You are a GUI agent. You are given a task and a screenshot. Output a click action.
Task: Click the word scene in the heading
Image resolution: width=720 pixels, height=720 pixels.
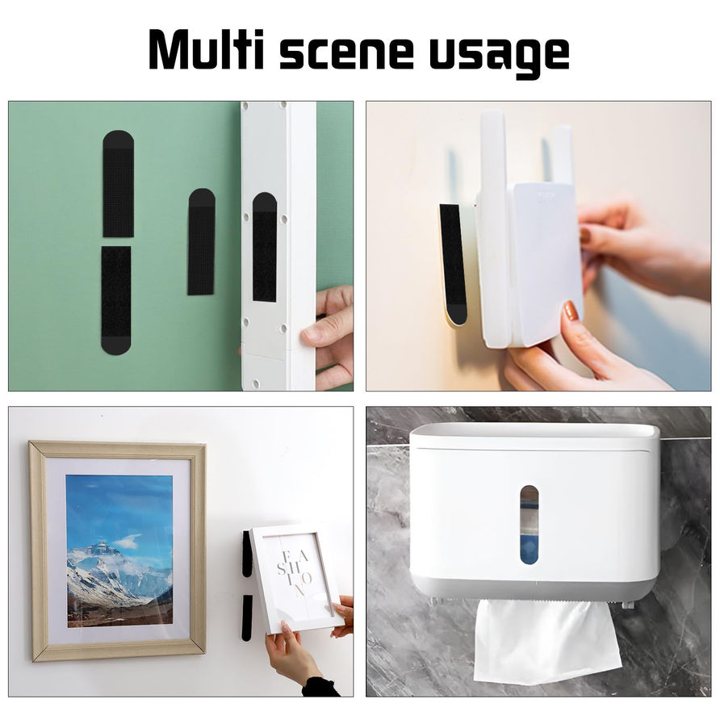[347, 54]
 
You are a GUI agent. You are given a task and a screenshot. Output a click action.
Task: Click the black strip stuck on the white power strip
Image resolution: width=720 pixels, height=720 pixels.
[265, 247]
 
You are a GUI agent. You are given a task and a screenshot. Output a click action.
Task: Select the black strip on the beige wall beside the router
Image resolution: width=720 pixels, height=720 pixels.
[453, 264]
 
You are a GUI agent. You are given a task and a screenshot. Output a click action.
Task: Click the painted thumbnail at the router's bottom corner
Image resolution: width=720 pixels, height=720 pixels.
[571, 312]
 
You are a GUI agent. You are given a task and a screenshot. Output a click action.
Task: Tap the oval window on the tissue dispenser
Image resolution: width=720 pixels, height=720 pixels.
[529, 525]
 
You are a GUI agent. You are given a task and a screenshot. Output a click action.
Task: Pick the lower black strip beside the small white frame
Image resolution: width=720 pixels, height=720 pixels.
[248, 617]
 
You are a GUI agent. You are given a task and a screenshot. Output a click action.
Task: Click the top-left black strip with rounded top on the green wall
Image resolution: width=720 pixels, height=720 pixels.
[118, 184]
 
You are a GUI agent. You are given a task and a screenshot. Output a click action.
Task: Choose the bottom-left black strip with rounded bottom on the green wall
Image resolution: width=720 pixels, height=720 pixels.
[115, 300]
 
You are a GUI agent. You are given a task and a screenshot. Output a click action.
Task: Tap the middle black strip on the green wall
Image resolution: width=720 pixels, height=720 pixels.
[201, 241]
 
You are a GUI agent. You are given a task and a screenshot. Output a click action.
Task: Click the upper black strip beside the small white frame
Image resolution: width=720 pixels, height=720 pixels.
[247, 553]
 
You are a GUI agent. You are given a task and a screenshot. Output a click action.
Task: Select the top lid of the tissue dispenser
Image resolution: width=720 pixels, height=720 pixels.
[534, 435]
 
